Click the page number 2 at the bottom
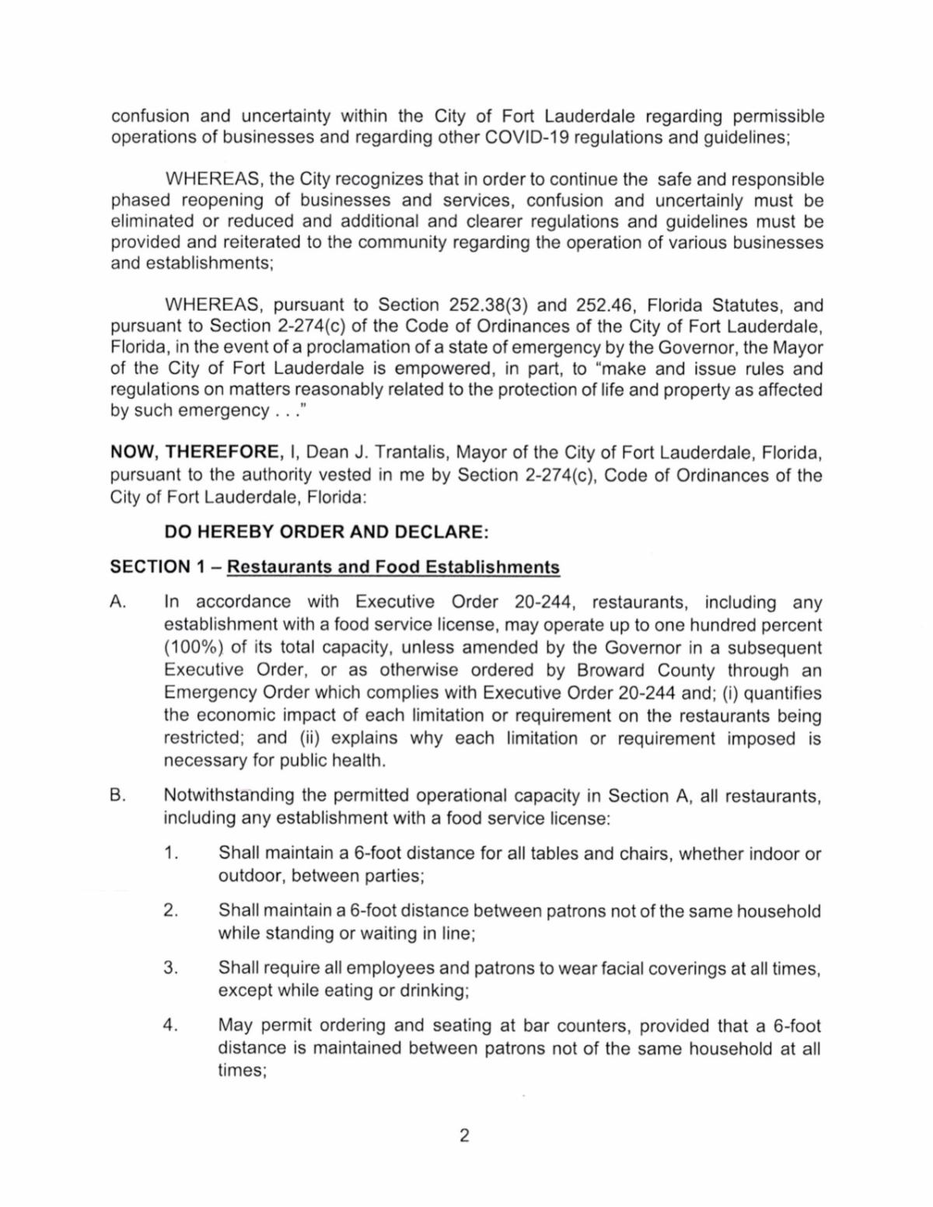pyautogui.click(x=464, y=1136)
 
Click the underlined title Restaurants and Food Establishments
pyautogui.click(x=393, y=567)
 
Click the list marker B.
pyautogui.click(x=118, y=796)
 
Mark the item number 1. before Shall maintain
pyautogui.click(x=172, y=853)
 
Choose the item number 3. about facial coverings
pyautogui.click(x=172, y=968)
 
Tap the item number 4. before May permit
pyautogui.click(x=172, y=1026)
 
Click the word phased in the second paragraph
pyautogui.click(x=140, y=201)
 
